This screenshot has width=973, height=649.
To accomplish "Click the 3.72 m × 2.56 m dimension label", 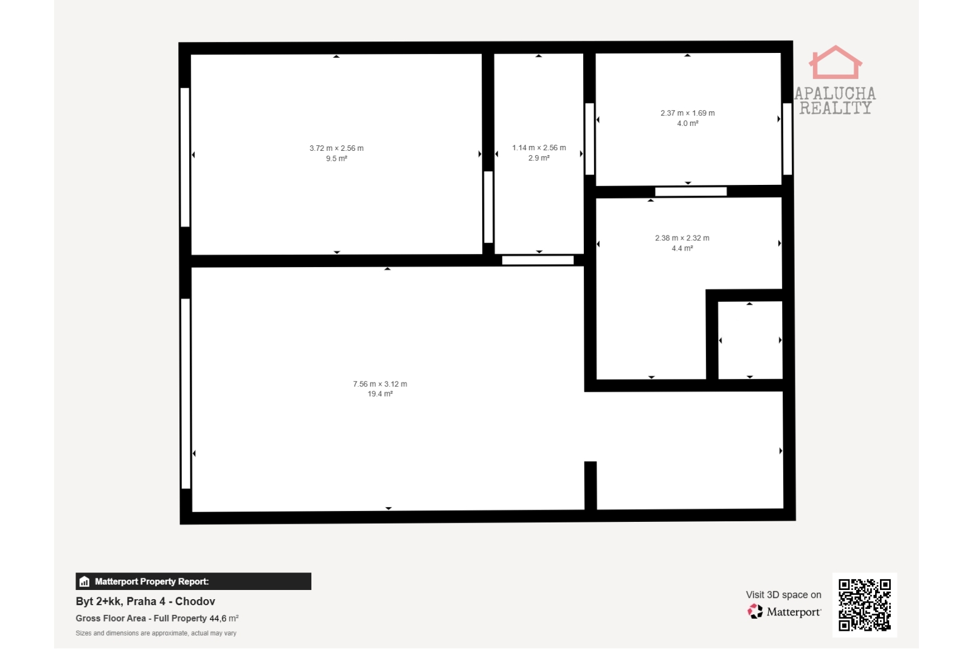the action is point(336,148).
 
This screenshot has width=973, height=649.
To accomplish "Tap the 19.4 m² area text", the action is point(380,394).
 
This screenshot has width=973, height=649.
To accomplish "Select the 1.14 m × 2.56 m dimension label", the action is point(539,148).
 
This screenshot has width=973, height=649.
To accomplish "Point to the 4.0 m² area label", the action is point(688,123).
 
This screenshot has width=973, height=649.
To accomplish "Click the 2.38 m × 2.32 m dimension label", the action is point(682,238).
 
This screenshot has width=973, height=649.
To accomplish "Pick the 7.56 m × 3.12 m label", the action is point(379,384).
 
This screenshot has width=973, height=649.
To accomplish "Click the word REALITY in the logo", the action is point(836,108).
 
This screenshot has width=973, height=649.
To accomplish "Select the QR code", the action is point(864,605).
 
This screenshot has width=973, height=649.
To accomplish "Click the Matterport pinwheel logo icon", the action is point(755,611).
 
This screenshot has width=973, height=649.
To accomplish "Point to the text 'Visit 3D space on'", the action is point(783,595).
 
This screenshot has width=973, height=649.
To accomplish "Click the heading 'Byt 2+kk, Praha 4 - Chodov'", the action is point(145,601).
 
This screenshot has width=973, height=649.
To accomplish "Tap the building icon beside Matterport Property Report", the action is point(85,581).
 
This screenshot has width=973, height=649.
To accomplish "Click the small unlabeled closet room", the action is point(750,340).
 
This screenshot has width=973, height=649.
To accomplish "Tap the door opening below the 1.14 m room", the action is point(538,260).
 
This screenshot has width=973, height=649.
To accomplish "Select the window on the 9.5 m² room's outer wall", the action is point(185,158).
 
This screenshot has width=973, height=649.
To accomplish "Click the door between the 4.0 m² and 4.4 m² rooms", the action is point(691,192).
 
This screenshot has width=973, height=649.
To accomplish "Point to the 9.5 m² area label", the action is point(337,159).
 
